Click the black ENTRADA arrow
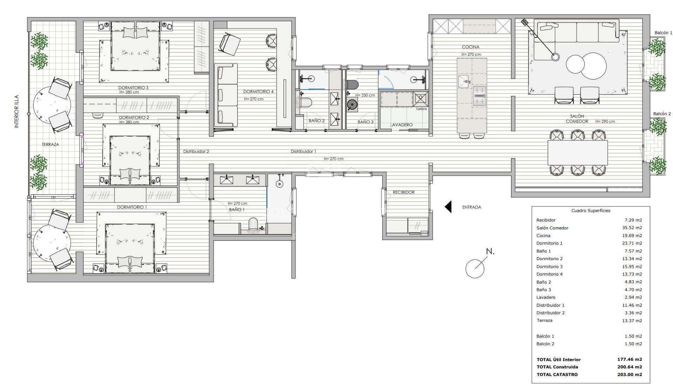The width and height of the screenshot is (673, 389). pos(448,207)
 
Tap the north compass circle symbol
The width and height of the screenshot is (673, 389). pos(475,269)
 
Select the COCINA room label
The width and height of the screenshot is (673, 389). pos(470,47)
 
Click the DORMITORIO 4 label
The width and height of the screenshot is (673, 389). pos(258,92)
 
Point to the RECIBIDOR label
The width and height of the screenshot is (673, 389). pos(403,192)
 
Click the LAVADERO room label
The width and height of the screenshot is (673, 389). pos(401,125)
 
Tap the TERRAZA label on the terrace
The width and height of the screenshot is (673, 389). pos(50,144)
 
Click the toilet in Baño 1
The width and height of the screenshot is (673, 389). pos(253,225)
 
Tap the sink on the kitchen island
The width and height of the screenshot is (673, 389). pos(464,81)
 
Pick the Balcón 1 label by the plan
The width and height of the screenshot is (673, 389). pos(664,33)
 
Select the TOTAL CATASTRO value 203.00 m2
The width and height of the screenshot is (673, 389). pos(630,374)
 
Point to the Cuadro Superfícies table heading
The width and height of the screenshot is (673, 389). pos(591,210)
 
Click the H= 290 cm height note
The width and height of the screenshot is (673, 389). pos(605,121)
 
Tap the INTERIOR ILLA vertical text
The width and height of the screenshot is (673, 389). pos(16,111)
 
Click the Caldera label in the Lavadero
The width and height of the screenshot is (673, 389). pos(421,109)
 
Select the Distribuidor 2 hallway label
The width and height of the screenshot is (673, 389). pos(196,152)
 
